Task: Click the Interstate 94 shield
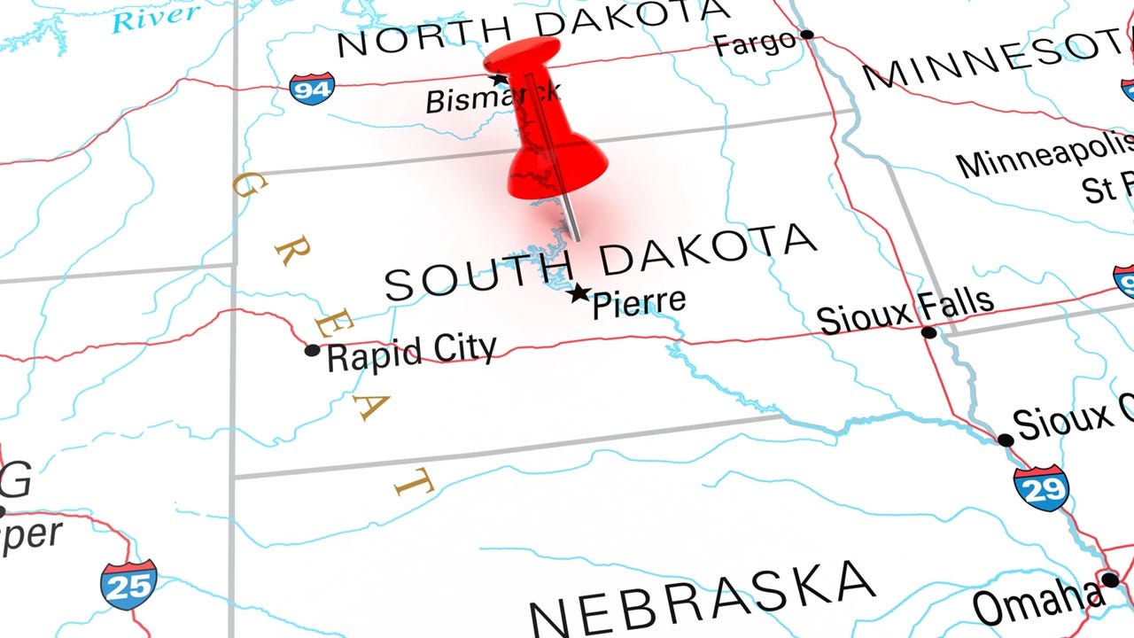point(312,89)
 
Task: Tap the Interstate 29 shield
point(1041,488)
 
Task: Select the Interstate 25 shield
point(128,585)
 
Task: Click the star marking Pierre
point(579,293)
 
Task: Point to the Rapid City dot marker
point(312,350)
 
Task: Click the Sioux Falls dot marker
point(928,332)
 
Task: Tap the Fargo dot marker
point(807,35)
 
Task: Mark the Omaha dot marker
point(1109,580)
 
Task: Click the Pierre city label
point(639,302)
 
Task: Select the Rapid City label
point(411,353)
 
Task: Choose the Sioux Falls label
point(905,311)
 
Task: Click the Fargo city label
point(754,43)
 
